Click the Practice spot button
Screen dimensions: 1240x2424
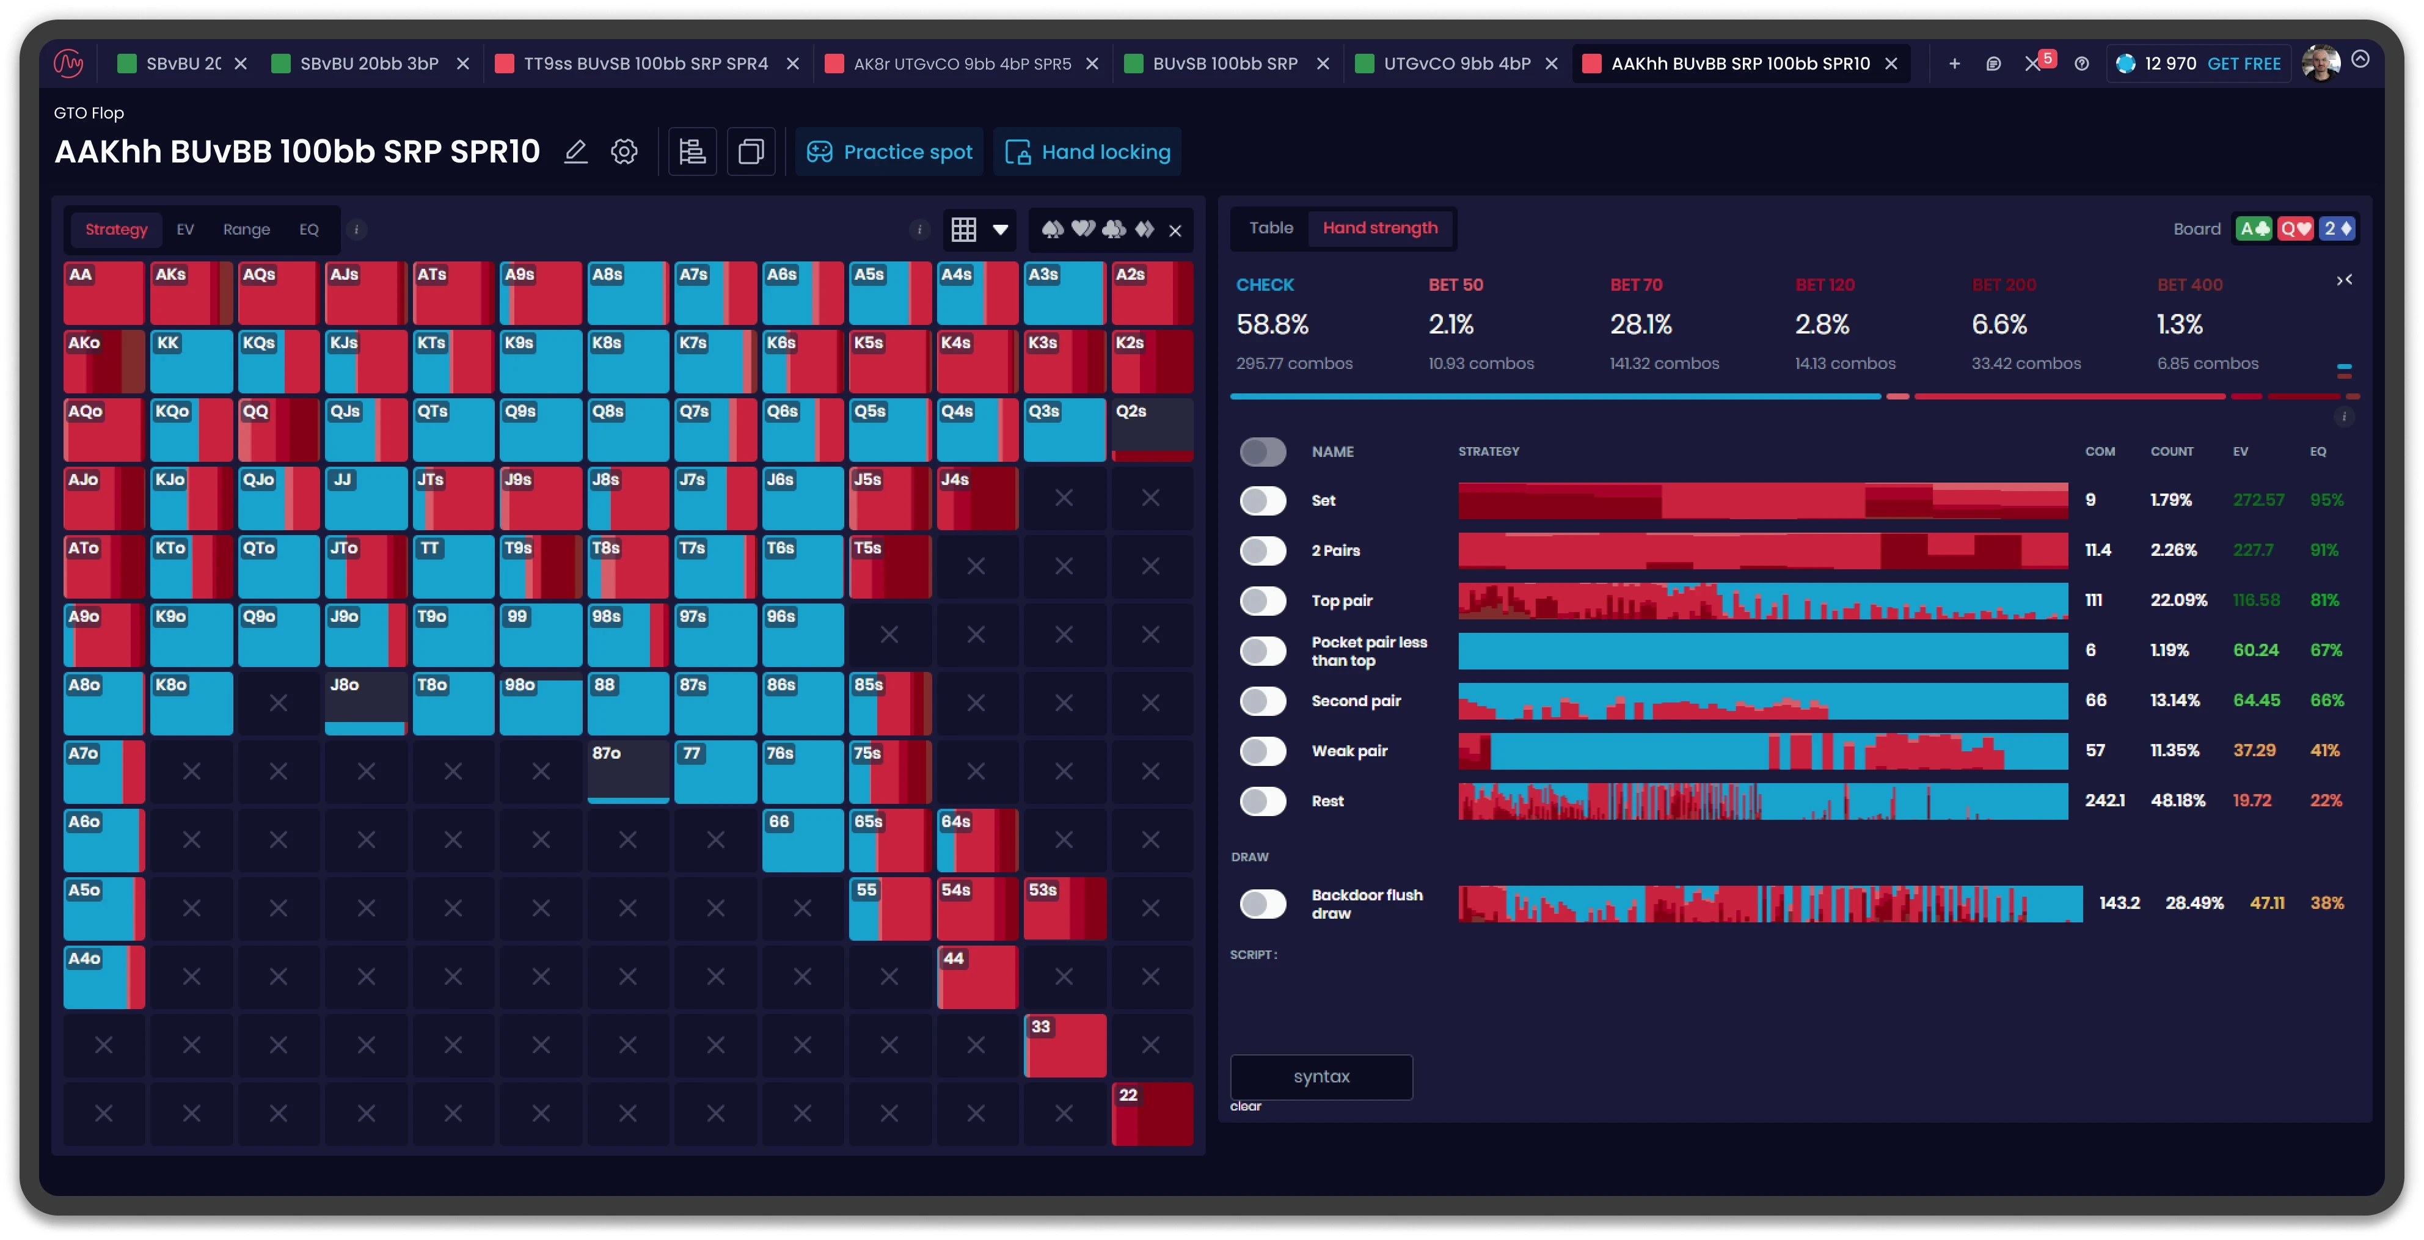(x=889, y=153)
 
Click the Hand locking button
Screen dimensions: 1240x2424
(x=1088, y=153)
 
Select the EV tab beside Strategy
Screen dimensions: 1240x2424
(x=185, y=230)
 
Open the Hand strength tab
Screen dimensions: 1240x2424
(x=1379, y=228)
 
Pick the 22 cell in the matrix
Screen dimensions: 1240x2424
(x=1152, y=1114)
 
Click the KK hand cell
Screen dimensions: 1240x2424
(x=191, y=361)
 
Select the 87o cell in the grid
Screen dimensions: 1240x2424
(x=627, y=770)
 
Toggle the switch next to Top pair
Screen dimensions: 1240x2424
(x=1263, y=600)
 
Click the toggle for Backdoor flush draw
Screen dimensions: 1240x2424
(x=1263, y=904)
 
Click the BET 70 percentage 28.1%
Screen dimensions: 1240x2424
(x=1640, y=324)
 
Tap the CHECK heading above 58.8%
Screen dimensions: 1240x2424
(x=1265, y=285)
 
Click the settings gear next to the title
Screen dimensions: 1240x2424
(x=624, y=151)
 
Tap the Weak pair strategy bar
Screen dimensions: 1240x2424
(x=1762, y=751)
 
